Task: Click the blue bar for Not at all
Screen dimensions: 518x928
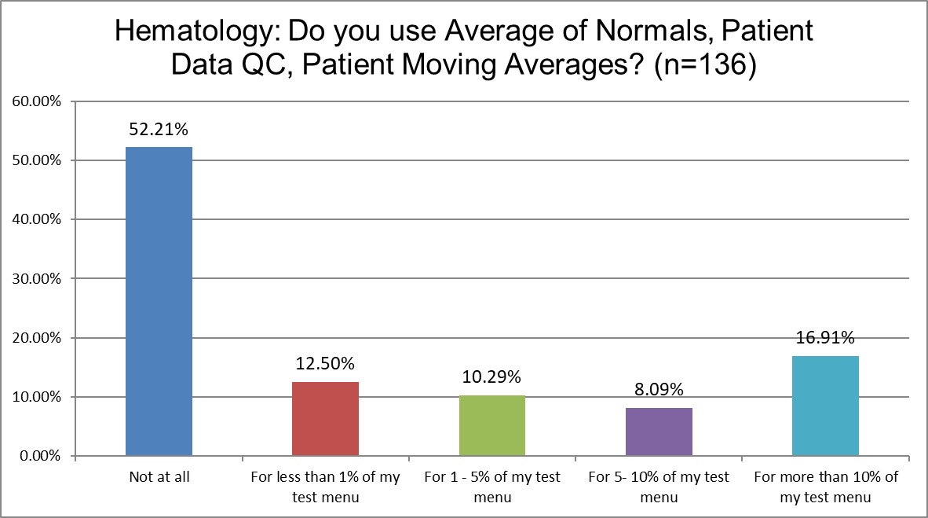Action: (x=159, y=301)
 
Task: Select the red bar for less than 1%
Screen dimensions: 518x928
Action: (x=325, y=418)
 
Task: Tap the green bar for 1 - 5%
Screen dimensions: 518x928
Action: (x=492, y=425)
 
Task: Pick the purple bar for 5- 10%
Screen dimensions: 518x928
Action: (x=659, y=432)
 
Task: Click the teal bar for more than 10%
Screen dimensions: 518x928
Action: (x=825, y=406)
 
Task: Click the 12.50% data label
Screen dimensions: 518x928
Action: (x=325, y=365)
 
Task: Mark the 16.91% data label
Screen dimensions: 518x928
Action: (x=825, y=339)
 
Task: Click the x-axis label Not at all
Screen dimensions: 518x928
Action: (x=159, y=477)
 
